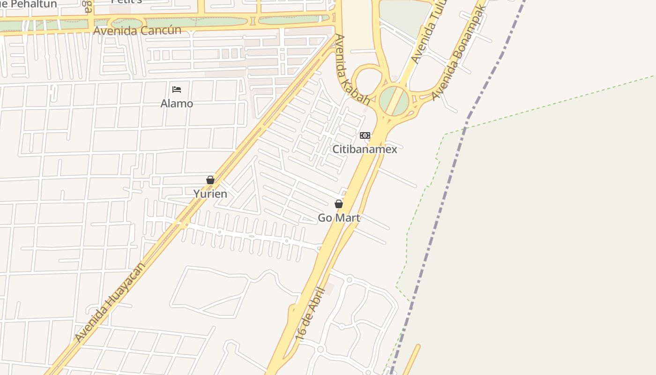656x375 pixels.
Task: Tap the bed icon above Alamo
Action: (x=177, y=90)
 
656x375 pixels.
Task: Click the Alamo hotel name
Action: (x=177, y=103)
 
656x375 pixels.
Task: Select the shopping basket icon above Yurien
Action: (x=210, y=180)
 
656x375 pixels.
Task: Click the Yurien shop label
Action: (x=210, y=194)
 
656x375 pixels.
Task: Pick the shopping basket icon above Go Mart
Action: (x=339, y=204)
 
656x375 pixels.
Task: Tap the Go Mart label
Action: (x=339, y=217)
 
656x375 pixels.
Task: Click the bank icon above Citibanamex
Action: (x=365, y=135)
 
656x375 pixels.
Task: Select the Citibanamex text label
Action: (x=365, y=149)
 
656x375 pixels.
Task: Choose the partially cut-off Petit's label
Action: (x=127, y=2)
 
